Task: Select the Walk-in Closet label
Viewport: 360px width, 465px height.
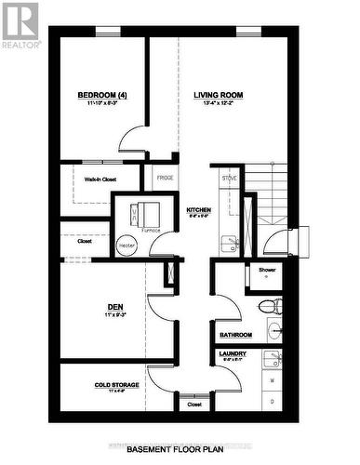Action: pyautogui.click(x=100, y=179)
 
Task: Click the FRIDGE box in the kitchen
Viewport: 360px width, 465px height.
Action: pyautogui.click(x=165, y=177)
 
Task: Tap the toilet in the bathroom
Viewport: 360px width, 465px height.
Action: pyautogui.click(x=268, y=305)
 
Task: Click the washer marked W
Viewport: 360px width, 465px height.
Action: pyautogui.click(x=272, y=381)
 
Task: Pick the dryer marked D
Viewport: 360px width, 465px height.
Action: pyautogui.click(x=272, y=401)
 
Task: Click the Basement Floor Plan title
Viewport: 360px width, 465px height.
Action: pyautogui.click(x=180, y=448)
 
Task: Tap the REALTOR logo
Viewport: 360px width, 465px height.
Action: pyautogui.click(x=20, y=24)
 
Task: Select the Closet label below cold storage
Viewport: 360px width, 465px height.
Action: pyautogui.click(x=193, y=405)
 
